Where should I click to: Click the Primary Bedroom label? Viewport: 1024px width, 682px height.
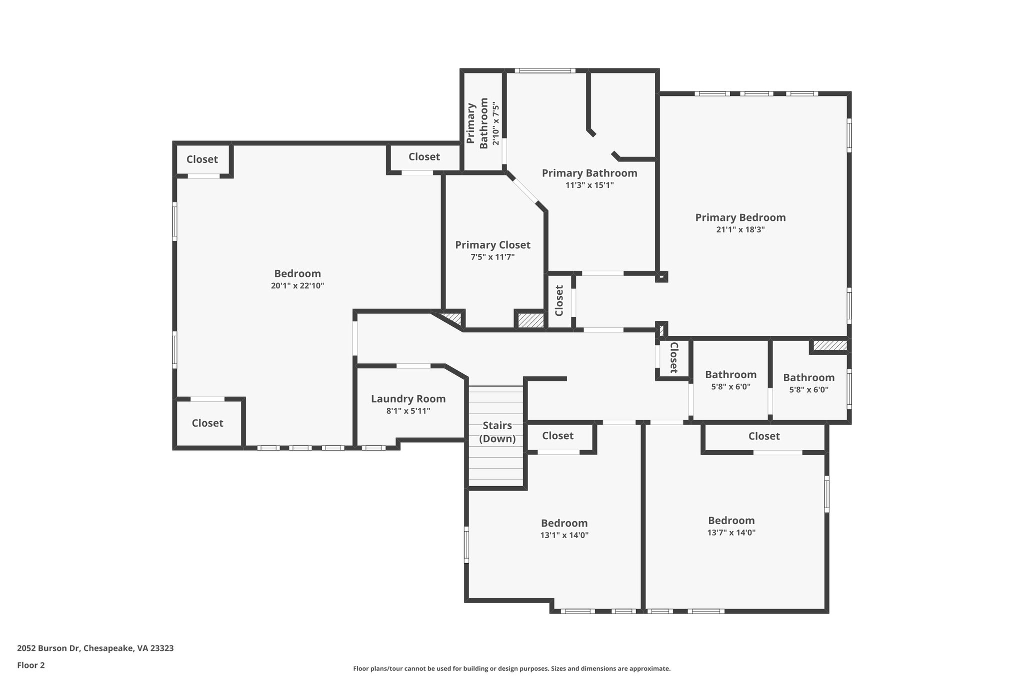pos(740,217)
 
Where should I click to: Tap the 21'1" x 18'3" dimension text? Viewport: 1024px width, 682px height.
pos(740,230)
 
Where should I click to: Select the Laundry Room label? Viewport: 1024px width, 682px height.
pos(408,399)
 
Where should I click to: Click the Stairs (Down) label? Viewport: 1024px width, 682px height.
pos(497,432)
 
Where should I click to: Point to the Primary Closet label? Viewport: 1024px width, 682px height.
pos(492,245)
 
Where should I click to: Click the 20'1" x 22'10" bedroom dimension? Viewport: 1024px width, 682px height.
pos(297,286)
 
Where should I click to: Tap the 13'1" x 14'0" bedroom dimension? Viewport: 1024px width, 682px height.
pos(564,535)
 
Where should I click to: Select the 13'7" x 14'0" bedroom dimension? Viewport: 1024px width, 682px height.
pos(731,533)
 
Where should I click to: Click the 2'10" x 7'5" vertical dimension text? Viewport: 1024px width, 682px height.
pos(495,124)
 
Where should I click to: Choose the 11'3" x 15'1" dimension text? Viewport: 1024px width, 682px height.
pos(589,185)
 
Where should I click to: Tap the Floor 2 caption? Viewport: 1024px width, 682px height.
pos(31,665)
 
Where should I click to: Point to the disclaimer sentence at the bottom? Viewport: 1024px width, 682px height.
pos(511,669)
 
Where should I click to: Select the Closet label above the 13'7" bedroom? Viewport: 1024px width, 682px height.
pos(763,436)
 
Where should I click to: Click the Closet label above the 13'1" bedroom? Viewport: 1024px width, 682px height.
pos(557,436)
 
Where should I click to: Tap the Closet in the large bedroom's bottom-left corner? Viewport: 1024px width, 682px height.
pos(207,423)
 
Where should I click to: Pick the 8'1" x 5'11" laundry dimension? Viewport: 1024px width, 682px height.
pos(408,411)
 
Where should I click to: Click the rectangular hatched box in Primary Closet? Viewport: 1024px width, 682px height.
pos(530,320)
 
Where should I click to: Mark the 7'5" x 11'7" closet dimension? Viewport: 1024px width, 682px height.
pos(492,257)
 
